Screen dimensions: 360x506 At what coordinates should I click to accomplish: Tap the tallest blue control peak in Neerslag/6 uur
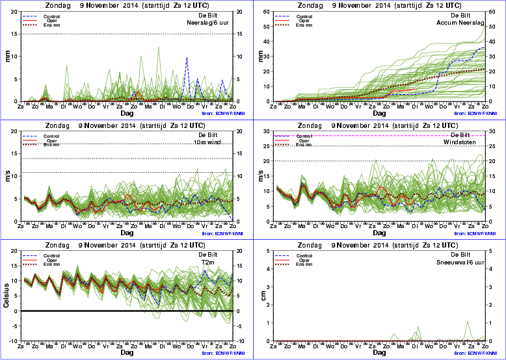[x=187, y=58]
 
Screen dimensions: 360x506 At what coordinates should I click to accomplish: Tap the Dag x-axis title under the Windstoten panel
[x=380, y=233]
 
